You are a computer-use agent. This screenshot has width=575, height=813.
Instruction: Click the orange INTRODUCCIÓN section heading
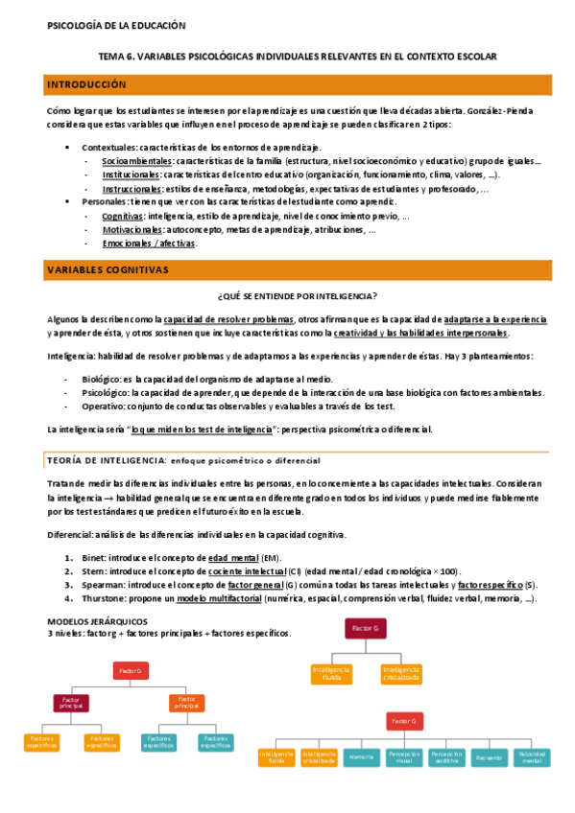86,85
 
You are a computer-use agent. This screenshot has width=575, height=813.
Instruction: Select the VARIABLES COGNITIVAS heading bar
108,270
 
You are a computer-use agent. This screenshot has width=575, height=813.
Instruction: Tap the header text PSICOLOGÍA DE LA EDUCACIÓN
116,26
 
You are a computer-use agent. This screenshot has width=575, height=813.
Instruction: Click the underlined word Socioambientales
132,161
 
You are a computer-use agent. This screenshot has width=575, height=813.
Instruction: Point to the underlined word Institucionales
132,175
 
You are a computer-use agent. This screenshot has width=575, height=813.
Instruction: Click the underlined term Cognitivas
122,217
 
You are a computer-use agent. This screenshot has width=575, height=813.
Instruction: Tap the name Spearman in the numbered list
102,584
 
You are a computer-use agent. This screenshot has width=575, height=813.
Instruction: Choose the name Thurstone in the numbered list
104,598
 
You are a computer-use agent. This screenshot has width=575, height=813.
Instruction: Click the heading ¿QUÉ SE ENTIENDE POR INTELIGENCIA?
298,295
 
